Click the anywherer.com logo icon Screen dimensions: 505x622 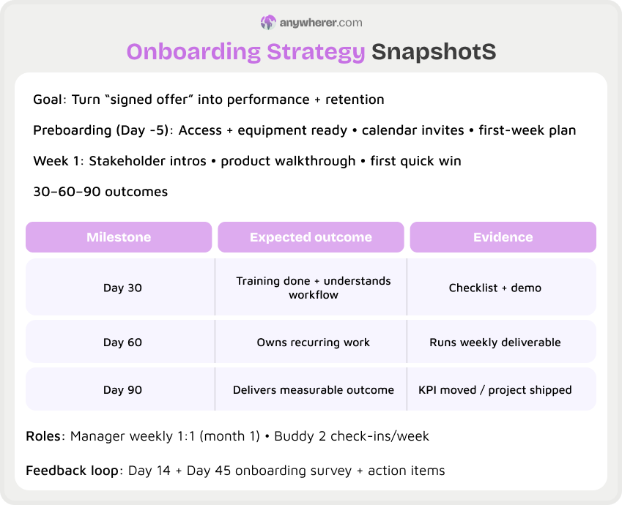coord(268,23)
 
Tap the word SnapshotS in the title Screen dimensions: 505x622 coord(434,52)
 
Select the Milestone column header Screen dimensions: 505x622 coord(119,237)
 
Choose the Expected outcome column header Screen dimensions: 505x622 coord(311,237)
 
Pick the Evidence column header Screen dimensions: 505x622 coord(503,237)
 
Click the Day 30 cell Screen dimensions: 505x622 coord(122,288)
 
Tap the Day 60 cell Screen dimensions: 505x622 coord(122,343)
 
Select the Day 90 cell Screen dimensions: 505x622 coord(122,390)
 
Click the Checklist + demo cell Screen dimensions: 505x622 coord(495,288)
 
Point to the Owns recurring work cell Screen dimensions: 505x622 coord(313,343)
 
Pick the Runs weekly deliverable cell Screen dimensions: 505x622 coord(495,343)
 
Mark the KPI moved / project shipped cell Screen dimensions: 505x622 coord(495,390)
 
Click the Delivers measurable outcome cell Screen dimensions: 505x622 coord(313,390)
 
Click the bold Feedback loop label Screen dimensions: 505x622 coord(72,471)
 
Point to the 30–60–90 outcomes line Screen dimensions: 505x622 coord(100,192)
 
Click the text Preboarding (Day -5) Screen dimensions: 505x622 coord(102,130)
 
